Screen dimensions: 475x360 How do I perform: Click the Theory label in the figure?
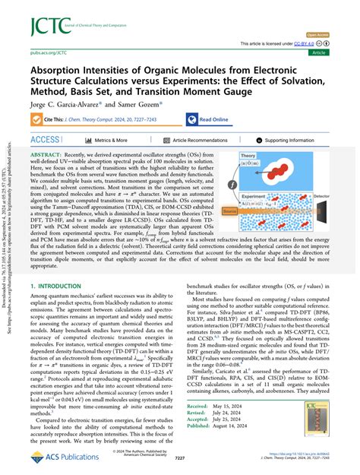point(269,157)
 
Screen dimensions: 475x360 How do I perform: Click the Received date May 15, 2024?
point(240,429)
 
